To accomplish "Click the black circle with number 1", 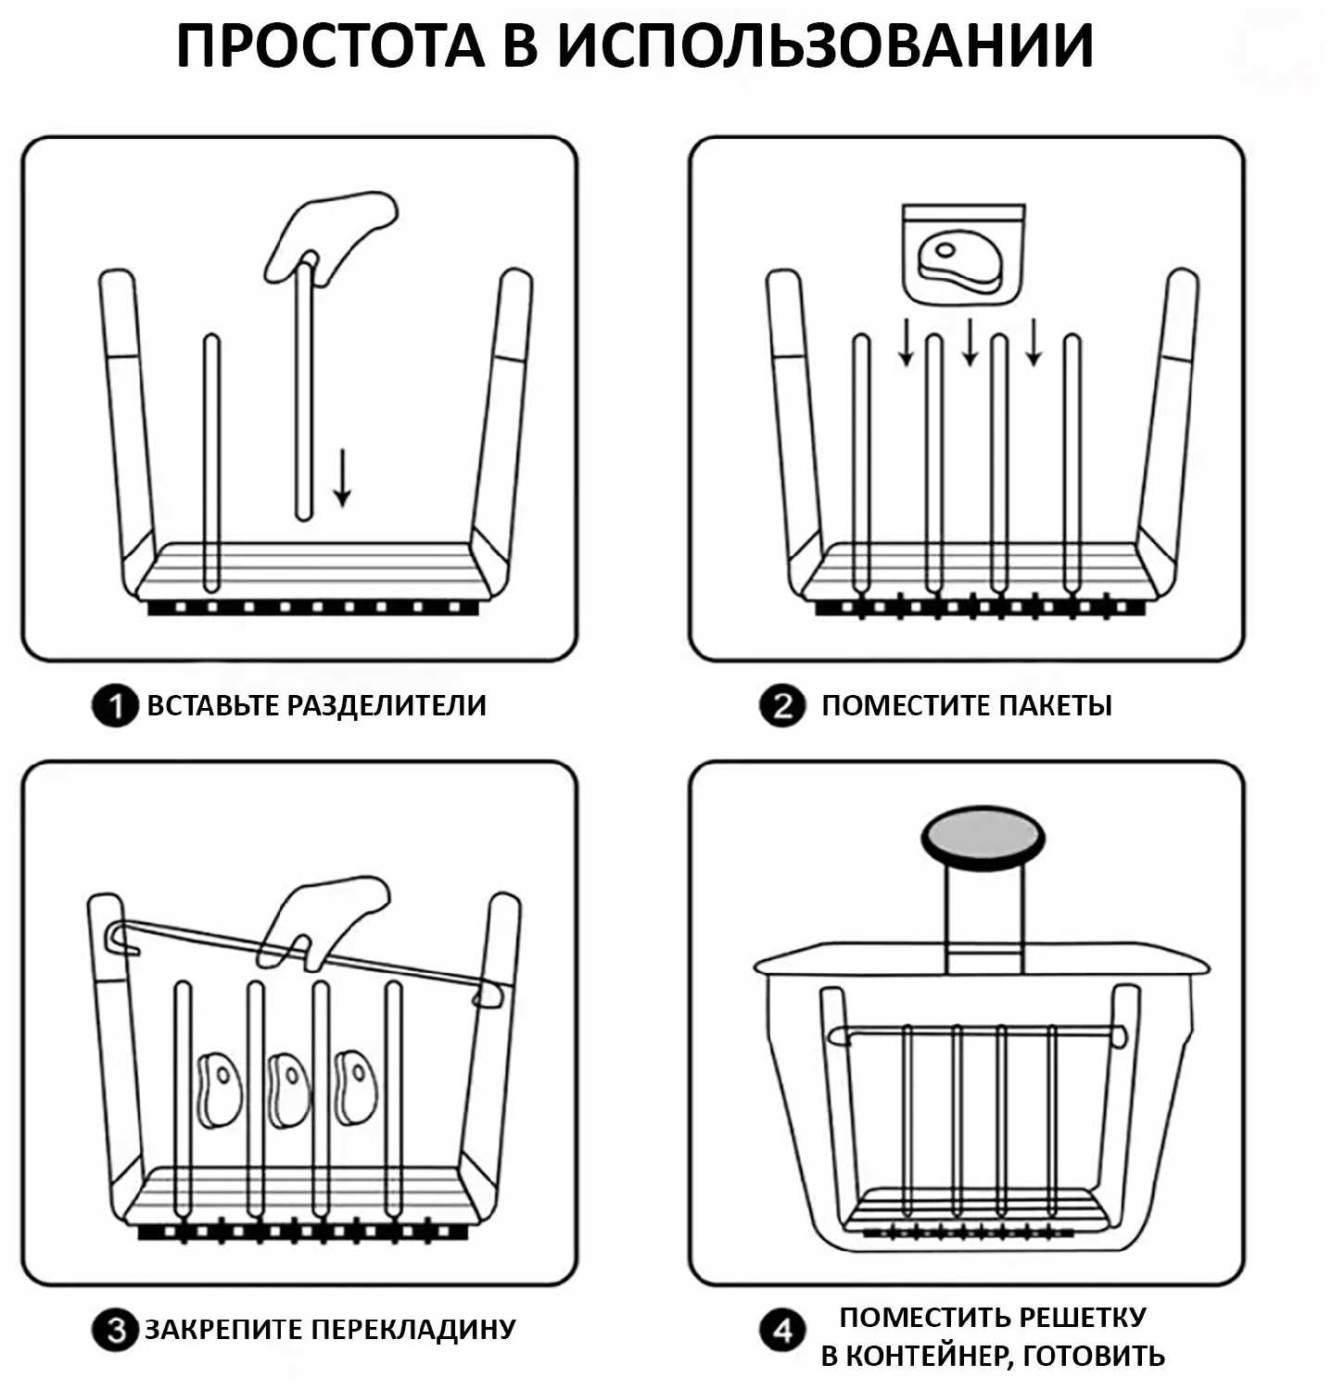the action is click(114, 707).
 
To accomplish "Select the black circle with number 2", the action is click(782, 707).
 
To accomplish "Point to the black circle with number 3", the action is click(115, 1332).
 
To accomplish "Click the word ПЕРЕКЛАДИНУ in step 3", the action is click(413, 1329).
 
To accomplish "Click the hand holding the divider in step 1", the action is click(331, 232).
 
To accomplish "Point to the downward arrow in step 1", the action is click(343, 477).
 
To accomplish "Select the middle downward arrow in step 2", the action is click(970, 342).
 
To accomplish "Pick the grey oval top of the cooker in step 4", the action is click(983, 837).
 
